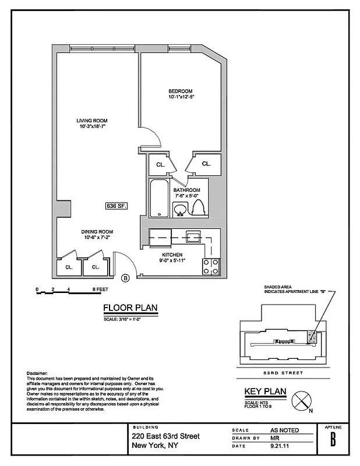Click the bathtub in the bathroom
[158, 199]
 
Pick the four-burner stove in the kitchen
[211, 266]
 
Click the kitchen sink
[193, 236]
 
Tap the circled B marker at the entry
[125, 278]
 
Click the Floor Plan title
[130, 309]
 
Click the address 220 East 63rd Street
[165, 436]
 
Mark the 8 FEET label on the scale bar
[100, 289]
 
